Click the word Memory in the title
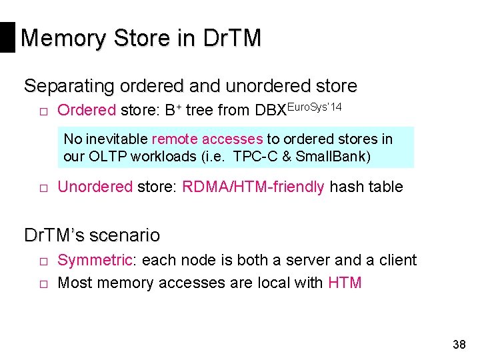pyautogui.click(x=61, y=37)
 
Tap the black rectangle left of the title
pyautogui.click(x=7, y=37)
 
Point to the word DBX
pyautogui.click(x=271, y=111)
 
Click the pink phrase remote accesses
pyautogui.click(x=207, y=139)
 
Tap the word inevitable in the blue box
pyautogui.click(x=117, y=139)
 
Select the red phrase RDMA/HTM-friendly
pyautogui.click(x=253, y=187)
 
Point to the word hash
pyautogui.click(x=347, y=187)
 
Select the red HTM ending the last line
pyautogui.click(x=345, y=283)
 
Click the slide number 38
pyautogui.click(x=459, y=345)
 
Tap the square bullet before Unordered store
pyautogui.click(x=41, y=188)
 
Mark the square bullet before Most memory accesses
pyautogui.click(x=41, y=284)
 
